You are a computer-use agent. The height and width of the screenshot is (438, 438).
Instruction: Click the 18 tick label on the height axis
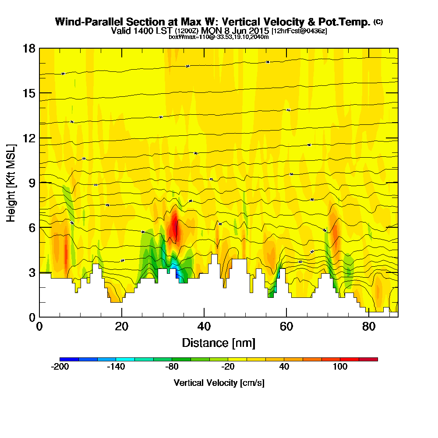pyautogui.click(x=29, y=48)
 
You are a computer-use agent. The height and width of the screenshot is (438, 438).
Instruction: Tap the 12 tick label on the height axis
pyautogui.click(x=29, y=138)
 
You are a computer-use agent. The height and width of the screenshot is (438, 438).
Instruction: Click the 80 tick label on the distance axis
pyautogui.click(x=369, y=327)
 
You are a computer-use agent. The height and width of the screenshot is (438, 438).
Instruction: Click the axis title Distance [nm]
pyautogui.click(x=219, y=343)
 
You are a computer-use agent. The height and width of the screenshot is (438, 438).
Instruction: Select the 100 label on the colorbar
pyautogui.click(x=340, y=367)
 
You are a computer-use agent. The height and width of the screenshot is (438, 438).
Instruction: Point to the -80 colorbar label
pyautogui.click(x=172, y=367)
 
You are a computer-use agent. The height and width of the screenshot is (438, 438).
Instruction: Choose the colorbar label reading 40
pyautogui.click(x=284, y=367)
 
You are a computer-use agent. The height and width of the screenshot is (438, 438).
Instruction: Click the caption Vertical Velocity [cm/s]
pyautogui.click(x=219, y=383)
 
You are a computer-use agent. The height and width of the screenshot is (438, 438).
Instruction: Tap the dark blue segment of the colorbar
pyautogui.click(x=69, y=359)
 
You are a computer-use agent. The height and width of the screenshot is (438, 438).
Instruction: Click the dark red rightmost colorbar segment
pyautogui.click(x=368, y=359)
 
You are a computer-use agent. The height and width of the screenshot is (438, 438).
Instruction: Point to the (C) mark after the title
pyautogui.click(x=378, y=22)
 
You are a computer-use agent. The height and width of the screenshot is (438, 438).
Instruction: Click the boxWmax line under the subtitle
pyautogui.click(x=219, y=37)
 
